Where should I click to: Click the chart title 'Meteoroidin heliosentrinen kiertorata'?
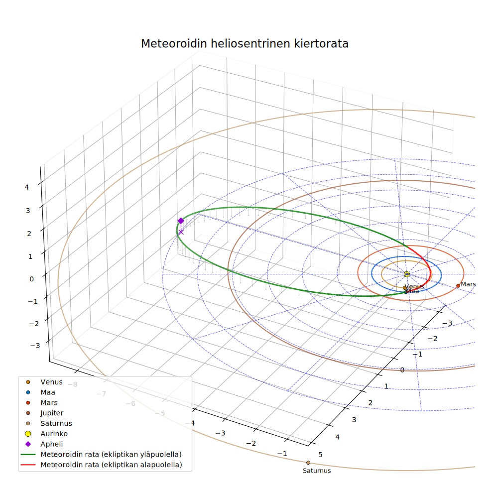click(x=245, y=44)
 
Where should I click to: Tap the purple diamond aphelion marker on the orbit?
click(x=181, y=221)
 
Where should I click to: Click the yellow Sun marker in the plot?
click(x=406, y=274)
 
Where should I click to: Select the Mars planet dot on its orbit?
click(x=458, y=286)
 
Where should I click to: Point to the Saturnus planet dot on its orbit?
click(x=308, y=463)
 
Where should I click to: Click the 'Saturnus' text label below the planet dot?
click(x=317, y=471)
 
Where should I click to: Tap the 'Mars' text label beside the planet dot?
click(x=468, y=284)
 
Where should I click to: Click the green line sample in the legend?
click(x=28, y=454)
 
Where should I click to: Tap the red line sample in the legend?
click(x=28, y=465)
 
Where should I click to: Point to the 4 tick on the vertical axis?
click(x=26, y=187)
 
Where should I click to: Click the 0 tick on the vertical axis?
click(x=31, y=279)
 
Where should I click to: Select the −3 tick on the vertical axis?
click(x=35, y=345)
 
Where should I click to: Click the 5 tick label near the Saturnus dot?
click(x=320, y=455)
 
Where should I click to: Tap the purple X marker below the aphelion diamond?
click(x=181, y=232)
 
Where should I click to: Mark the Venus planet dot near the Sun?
click(x=405, y=288)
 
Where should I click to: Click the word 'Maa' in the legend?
click(x=48, y=392)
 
